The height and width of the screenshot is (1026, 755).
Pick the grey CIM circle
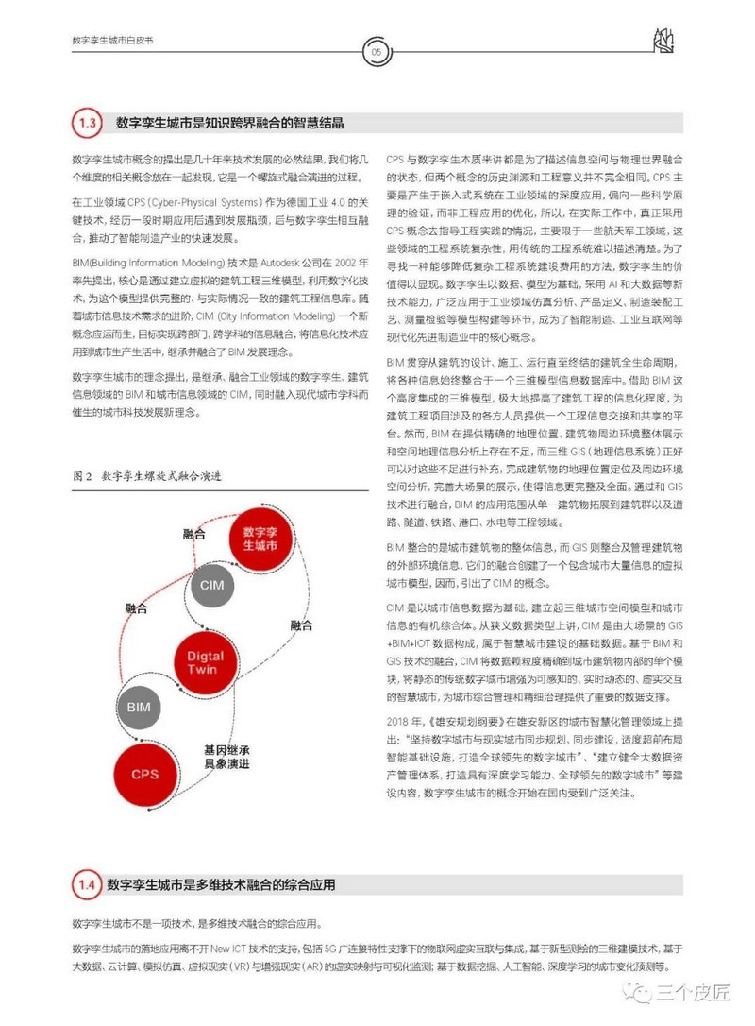[x=211, y=586]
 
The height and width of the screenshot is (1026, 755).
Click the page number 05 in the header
[x=376, y=53]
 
